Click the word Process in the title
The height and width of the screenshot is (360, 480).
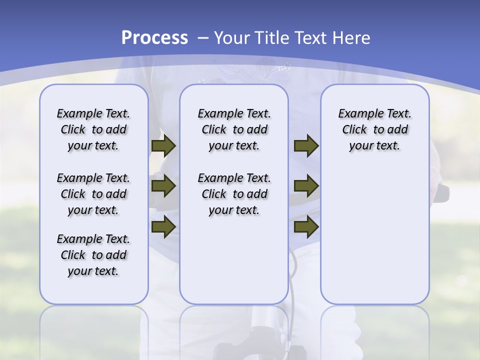(x=154, y=37)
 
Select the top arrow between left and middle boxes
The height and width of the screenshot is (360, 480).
(x=163, y=145)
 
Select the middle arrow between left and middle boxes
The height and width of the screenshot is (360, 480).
(x=163, y=186)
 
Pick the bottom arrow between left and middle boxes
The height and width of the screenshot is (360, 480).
(x=163, y=227)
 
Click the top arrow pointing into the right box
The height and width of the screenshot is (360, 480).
(x=306, y=145)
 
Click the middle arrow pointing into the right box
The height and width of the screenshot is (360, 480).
(x=306, y=186)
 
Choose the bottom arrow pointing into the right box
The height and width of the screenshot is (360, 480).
(x=306, y=227)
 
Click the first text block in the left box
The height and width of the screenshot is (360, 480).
(x=93, y=129)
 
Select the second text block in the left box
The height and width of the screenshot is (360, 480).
(x=93, y=194)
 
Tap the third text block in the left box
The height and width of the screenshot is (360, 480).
(x=93, y=255)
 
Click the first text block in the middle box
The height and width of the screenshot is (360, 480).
(x=234, y=129)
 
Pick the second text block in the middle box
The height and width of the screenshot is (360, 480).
(x=234, y=194)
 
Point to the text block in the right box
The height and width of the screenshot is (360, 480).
(x=374, y=129)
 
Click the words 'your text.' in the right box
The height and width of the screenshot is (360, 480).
(x=374, y=145)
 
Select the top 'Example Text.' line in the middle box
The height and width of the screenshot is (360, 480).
(x=234, y=114)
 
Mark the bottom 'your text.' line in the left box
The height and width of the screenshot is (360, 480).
(x=93, y=271)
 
